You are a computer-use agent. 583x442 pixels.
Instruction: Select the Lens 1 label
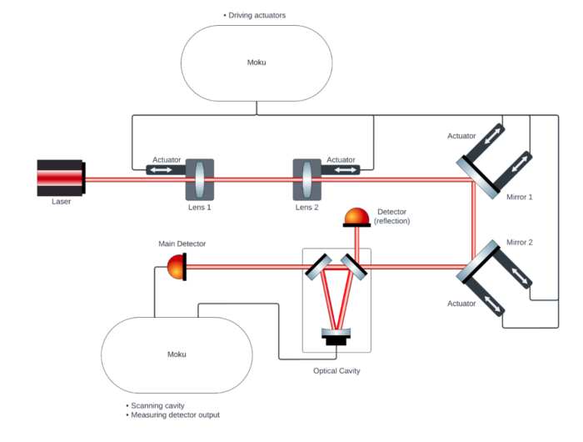point(198,207)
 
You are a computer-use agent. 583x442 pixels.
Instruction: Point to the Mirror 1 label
point(520,197)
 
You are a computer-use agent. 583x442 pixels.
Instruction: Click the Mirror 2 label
point(520,243)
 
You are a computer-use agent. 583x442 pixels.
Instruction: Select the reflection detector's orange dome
point(357,216)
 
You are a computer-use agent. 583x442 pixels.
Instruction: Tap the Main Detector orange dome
point(177,267)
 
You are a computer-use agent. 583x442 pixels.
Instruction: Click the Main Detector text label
point(182,244)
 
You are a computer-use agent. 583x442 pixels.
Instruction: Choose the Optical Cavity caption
point(337,370)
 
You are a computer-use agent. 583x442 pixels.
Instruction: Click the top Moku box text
point(257,62)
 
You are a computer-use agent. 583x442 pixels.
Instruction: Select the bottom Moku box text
point(176,354)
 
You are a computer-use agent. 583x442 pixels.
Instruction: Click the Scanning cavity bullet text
point(157,405)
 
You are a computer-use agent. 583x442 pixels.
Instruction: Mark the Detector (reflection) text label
point(392,216)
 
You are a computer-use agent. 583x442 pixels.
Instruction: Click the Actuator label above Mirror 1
point(461,135)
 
